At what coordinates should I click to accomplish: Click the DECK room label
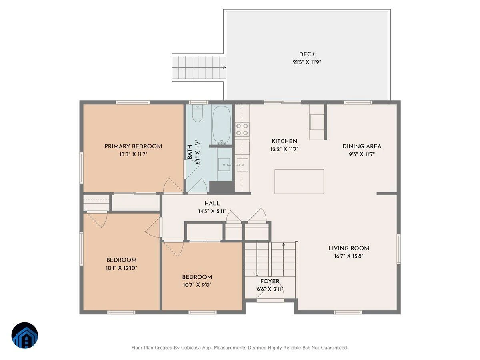tap(307, 54)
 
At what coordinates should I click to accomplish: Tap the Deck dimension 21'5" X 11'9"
tap(307, 62)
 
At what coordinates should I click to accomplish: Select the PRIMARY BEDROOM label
tap(133, 146)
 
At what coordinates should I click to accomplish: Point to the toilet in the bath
tap(197, 113)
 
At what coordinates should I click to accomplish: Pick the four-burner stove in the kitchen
tap(242, 129)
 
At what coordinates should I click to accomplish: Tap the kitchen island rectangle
tap(299, 182)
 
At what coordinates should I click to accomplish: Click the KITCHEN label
tap(284, 141)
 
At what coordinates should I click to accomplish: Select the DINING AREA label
tap(362, 146)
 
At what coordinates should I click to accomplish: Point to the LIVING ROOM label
tap(348, 248)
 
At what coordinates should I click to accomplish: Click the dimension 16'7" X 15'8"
tap(348, 256)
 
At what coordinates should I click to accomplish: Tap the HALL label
tap(212, 204)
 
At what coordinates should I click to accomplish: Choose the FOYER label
tap(270, 281)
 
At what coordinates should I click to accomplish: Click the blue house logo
tap(25, 335)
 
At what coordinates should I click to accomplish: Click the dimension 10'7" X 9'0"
tap(197, 285)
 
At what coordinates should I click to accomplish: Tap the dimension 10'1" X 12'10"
tap(121, 268)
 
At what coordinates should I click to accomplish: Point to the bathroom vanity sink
tap(224, 164)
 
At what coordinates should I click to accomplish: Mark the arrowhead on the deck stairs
tap(224, 68)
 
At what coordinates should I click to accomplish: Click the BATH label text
tap(190, 152)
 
